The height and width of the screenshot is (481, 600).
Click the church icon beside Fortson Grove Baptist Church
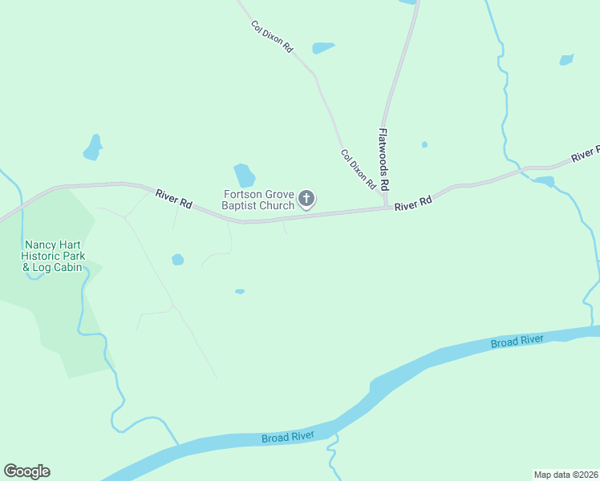click(x=306, y=199)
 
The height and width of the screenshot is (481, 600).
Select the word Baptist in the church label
click(x=241, y=206)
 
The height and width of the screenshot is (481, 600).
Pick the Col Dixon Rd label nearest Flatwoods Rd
click(x=358, y=169)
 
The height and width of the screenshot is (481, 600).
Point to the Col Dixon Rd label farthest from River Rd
click(x=272, y=37)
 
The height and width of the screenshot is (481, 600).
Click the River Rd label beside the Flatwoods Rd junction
click(x=413, y=204)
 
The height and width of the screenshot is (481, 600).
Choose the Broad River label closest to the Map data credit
click(x=517, y=342)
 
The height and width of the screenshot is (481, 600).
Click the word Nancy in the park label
click(x=39, y=245)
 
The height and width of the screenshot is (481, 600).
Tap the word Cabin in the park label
click(x=67, y=267)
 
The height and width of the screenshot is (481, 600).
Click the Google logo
click(x=26, y=471)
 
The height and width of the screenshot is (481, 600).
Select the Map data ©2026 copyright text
click(x=566, y=474)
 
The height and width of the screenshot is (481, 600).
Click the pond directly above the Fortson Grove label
click(x=244, y=175)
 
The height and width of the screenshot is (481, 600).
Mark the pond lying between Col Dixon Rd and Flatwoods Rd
click(x=323, y=48)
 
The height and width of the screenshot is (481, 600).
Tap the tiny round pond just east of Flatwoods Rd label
click(x=424, y=145)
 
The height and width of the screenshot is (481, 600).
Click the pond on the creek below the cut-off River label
click(x=545, y=181)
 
